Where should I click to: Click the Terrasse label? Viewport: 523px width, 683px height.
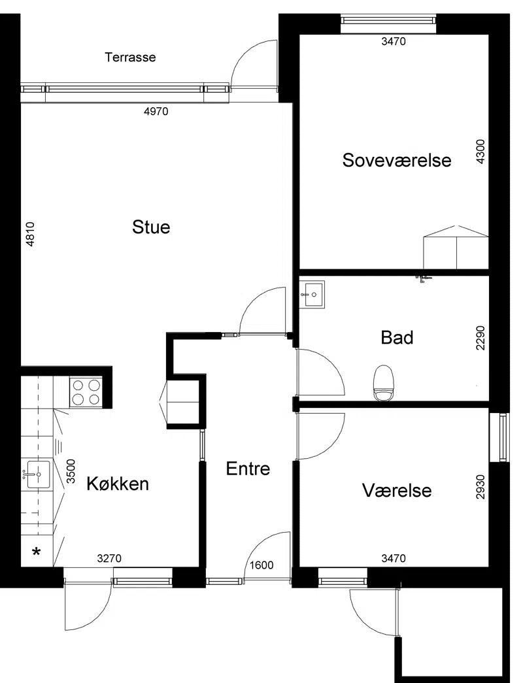pos(130,57)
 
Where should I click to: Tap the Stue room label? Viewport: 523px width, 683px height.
pos(151,227)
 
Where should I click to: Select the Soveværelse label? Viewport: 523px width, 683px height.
pos(397,160)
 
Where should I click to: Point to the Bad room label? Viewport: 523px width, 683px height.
pos(397,338)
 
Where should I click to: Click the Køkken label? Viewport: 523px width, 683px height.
pos(118,484)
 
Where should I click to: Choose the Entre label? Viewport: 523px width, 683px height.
pos(248,468)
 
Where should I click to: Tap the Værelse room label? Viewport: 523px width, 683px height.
pos(397,490)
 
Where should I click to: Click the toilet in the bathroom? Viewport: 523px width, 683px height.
pos(384,383)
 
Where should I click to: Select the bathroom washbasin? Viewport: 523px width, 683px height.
pos(312,295)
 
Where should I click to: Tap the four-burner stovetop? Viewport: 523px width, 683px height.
pos(86,392)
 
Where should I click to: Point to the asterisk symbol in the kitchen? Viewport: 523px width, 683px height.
pos(37,552)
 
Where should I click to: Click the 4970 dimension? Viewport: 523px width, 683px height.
pos(156,112)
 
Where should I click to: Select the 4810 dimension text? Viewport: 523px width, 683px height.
pos(30,235)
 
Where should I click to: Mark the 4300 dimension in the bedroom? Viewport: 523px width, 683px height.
pos(481,151)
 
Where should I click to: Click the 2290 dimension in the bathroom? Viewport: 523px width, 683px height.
pos(481,338)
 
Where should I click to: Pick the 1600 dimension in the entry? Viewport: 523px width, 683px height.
pos(261,565)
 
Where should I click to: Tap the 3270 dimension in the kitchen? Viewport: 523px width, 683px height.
pos(109,558)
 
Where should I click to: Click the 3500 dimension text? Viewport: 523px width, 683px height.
pos(71,471)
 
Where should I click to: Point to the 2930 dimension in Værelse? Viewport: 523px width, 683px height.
pos(481,486)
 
